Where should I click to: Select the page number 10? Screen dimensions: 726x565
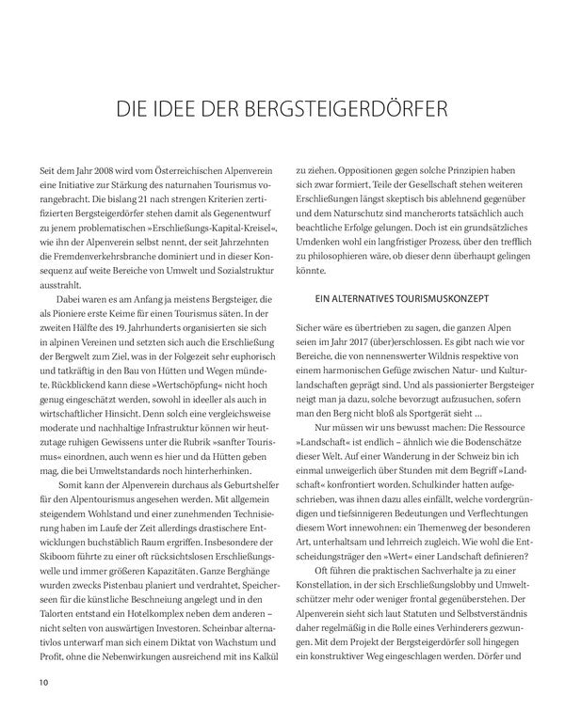coord(43,682)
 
